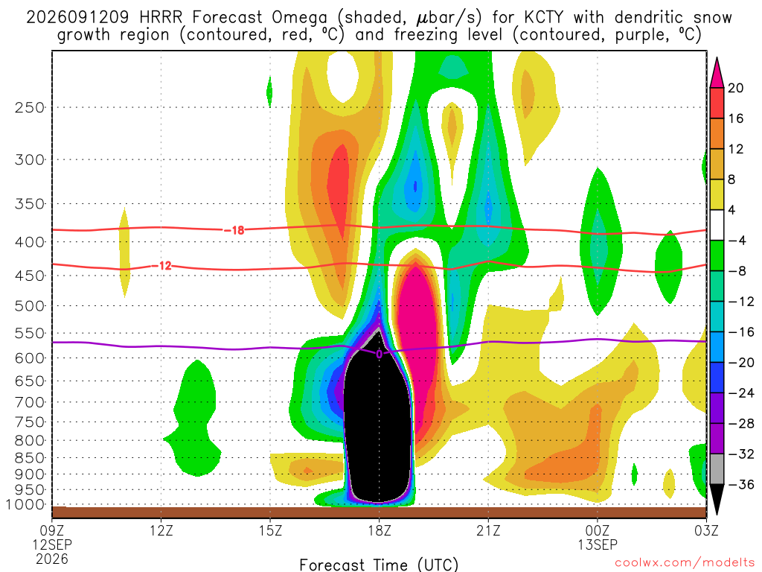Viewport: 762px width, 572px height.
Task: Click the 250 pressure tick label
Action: click(x=30, y=107)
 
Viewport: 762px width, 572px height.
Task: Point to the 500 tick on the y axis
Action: click(x=30, y=306)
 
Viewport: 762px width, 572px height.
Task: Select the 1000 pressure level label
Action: click(x=25, y=504)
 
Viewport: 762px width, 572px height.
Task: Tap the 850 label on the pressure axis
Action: click(x=30, y=458)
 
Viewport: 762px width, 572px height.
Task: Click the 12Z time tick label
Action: click(x=161, y=530)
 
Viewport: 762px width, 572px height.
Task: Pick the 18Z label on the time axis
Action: click(x=380, y=530)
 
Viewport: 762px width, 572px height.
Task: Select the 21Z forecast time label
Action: click(x=488, y=530)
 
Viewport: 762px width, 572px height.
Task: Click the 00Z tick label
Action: click(x=598, y=530)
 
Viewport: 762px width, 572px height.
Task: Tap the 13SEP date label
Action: click(x=598, y=544)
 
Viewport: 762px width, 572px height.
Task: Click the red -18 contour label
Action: click(x=234, y=230)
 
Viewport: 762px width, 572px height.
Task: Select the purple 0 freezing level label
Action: click(x=379, y=354)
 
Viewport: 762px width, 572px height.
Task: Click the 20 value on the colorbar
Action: click(x=735, y=88)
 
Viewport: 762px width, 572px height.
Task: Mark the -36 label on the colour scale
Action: click(x=741, y=484)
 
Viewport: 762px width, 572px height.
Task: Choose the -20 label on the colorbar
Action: click(x=741, y=363)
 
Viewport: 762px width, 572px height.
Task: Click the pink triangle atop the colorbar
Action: click(x=717, y=73)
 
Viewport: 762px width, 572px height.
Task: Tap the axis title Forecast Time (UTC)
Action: click(x=379, y=565)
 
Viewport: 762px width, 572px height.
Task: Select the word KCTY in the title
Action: click(x=543, y=18)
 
